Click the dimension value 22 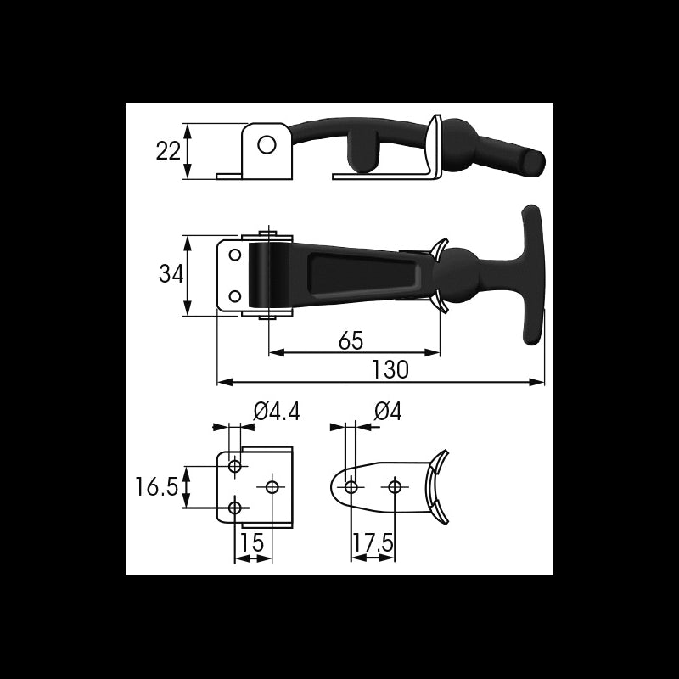pos(168,151)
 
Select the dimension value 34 pos(171,275)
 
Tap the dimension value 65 pos(351,340)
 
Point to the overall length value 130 pos(390,370)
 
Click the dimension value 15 pos(253,542)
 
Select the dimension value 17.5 pos(373,542)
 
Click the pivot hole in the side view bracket pos(267,145)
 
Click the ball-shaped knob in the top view pos(461,276)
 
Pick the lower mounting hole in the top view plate pos(235,296)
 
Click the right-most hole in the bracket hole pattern pos(272,486)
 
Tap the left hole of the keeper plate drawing pos(351,486)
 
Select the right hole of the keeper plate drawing pos(394,486)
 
